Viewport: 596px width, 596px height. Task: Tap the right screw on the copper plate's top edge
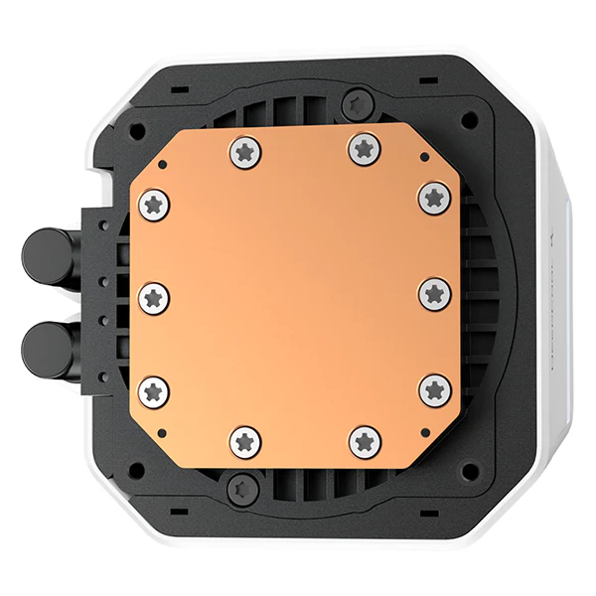pyautogui.click(x=364, y=148)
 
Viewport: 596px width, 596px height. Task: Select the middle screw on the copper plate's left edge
pyautogui.click(x=154, y=297)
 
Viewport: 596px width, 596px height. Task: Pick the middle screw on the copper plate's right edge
pyautogui.click(x=434, y=293)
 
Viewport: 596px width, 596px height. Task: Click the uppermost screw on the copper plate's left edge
pyautogui.click(x=154, y=205)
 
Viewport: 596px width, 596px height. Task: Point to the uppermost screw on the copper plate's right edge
pyautogui.click(x=434, y=195)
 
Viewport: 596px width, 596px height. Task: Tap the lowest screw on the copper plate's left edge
pyautogui.click(x=154, y=389)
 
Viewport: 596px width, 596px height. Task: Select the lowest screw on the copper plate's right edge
pyautogui.click(x=434, y=389)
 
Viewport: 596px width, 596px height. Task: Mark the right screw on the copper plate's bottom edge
pyautogui.click(x=365, y=440)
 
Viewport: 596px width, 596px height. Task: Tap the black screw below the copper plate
pyautogui.click(x=238, y=486)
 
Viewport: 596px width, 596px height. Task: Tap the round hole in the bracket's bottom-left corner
pyautogui.click(x=136, y=467)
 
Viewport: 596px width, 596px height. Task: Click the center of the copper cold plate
pyautogui.click(x=295, y=295)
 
